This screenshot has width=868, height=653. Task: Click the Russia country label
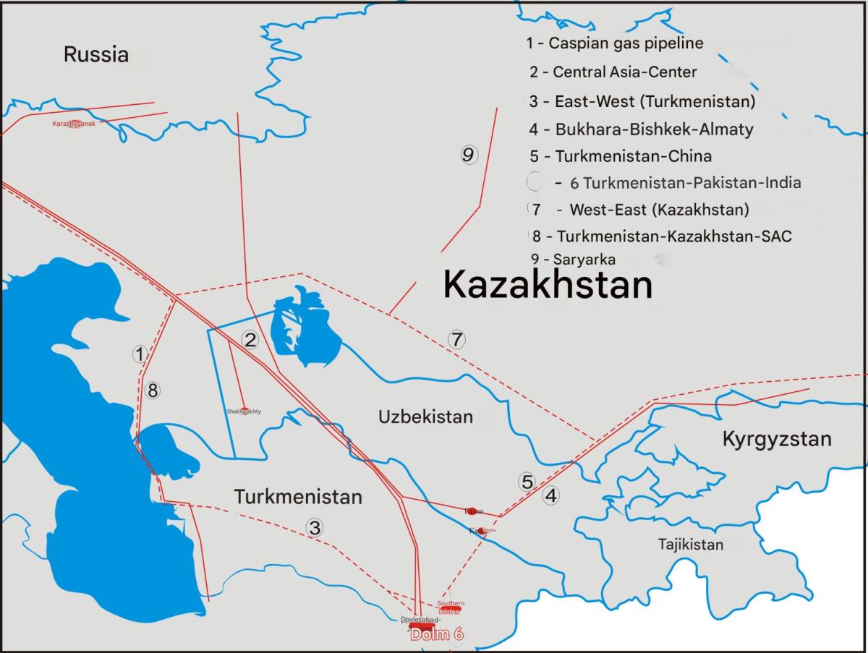(x=96, y=54)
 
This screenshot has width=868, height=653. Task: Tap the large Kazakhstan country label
(x=548, y=284)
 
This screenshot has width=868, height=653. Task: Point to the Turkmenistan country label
(x=297, y=497)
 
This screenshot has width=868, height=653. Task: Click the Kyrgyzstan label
(x=777, y=439)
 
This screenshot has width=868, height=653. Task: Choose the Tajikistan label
(x=690, y=545)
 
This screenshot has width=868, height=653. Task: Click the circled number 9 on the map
(x=468, y=154)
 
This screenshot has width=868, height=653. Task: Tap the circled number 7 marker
(x=456, y=338)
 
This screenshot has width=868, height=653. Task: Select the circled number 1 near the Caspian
(x=140, y=354)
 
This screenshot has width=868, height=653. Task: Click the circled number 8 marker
(x=152, y=390)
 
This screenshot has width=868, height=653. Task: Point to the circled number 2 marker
(x=250, y=340)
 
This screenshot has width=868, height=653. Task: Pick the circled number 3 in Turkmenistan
(x=314, y=528)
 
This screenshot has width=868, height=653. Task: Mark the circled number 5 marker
(x=527, y=482)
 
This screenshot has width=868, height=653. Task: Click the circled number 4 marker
(x=551, y=496)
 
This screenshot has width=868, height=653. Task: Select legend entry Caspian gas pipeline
(x=614, y=43)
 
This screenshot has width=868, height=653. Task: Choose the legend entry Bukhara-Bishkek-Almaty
(x=641, y=129)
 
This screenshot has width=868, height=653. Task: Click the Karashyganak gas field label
(x=74, y=124)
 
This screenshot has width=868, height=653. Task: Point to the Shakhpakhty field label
(x=243, y=411)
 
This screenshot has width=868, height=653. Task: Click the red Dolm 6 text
(x=436, y=634)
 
